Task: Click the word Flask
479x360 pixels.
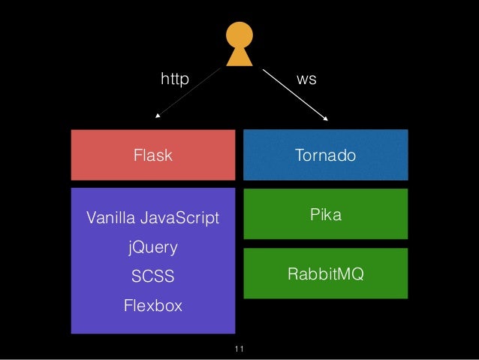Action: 152,156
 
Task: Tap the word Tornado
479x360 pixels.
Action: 325,156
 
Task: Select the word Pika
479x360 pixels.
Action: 326,215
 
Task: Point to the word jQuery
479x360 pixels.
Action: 152,247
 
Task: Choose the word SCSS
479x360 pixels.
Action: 152,277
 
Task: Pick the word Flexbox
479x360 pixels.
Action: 152,306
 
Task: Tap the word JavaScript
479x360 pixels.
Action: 183,219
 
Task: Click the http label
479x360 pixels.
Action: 175,77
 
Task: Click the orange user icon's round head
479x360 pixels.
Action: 240,35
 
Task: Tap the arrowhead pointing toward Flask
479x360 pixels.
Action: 157,116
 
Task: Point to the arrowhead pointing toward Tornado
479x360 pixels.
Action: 327,117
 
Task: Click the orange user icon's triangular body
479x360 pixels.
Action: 240,57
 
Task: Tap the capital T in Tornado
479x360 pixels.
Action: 299,156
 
